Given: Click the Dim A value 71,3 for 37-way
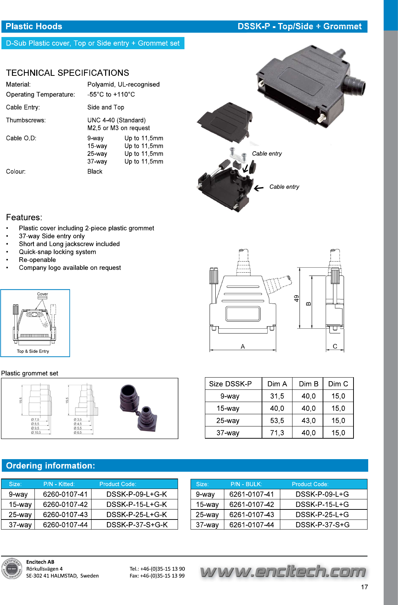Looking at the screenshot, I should (277, 433).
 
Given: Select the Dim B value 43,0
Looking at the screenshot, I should (308, 421).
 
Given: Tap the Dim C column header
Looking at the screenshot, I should (338, 384).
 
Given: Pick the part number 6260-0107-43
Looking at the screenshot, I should (65, 515).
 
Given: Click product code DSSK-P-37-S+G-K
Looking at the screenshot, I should (137, 525).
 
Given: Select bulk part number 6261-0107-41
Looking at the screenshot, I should (252, 494).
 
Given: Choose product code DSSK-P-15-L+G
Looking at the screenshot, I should (322, 504).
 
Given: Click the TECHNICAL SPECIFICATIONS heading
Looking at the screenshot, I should (67, 73).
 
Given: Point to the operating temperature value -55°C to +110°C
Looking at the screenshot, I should (111, 94).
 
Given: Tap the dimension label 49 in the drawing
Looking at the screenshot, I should (296, 299).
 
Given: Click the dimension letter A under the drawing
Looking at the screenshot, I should (243, 346).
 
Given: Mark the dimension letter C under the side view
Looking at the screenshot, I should (335, 346).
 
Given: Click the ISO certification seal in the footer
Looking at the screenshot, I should (12, 569).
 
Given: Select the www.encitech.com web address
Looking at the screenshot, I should (283, 571).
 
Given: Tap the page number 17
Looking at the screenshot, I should (364, 587).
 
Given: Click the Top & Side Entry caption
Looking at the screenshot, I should (33, 351).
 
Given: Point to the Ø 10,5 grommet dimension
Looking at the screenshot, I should (36, 433).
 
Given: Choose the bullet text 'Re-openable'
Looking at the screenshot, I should (37, 260).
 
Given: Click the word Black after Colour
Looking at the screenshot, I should (95, 172).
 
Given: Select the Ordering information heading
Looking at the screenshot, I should (51, 466).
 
